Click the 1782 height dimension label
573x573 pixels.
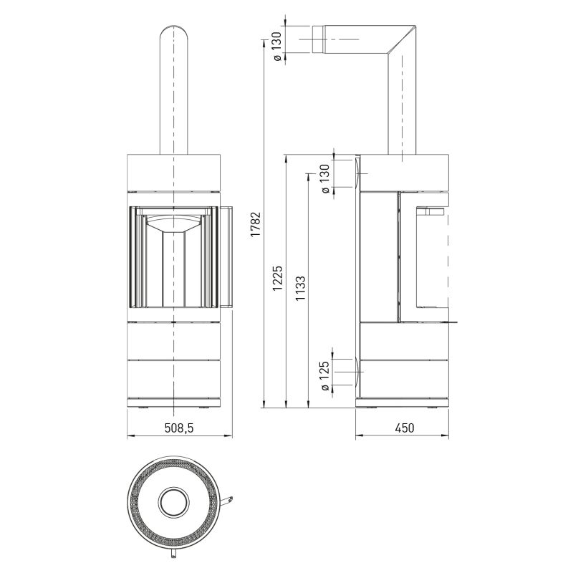(256, 224)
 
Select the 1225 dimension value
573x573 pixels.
(278, 278)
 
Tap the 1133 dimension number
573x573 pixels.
(300, 289)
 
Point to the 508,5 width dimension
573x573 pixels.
(178, 428)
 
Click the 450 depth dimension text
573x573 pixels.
(405, 428)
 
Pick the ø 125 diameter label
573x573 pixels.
(324, 377)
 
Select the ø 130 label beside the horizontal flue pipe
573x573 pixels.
(277, 47)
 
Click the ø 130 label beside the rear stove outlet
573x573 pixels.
(325, 178)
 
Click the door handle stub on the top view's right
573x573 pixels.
(226, 501)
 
